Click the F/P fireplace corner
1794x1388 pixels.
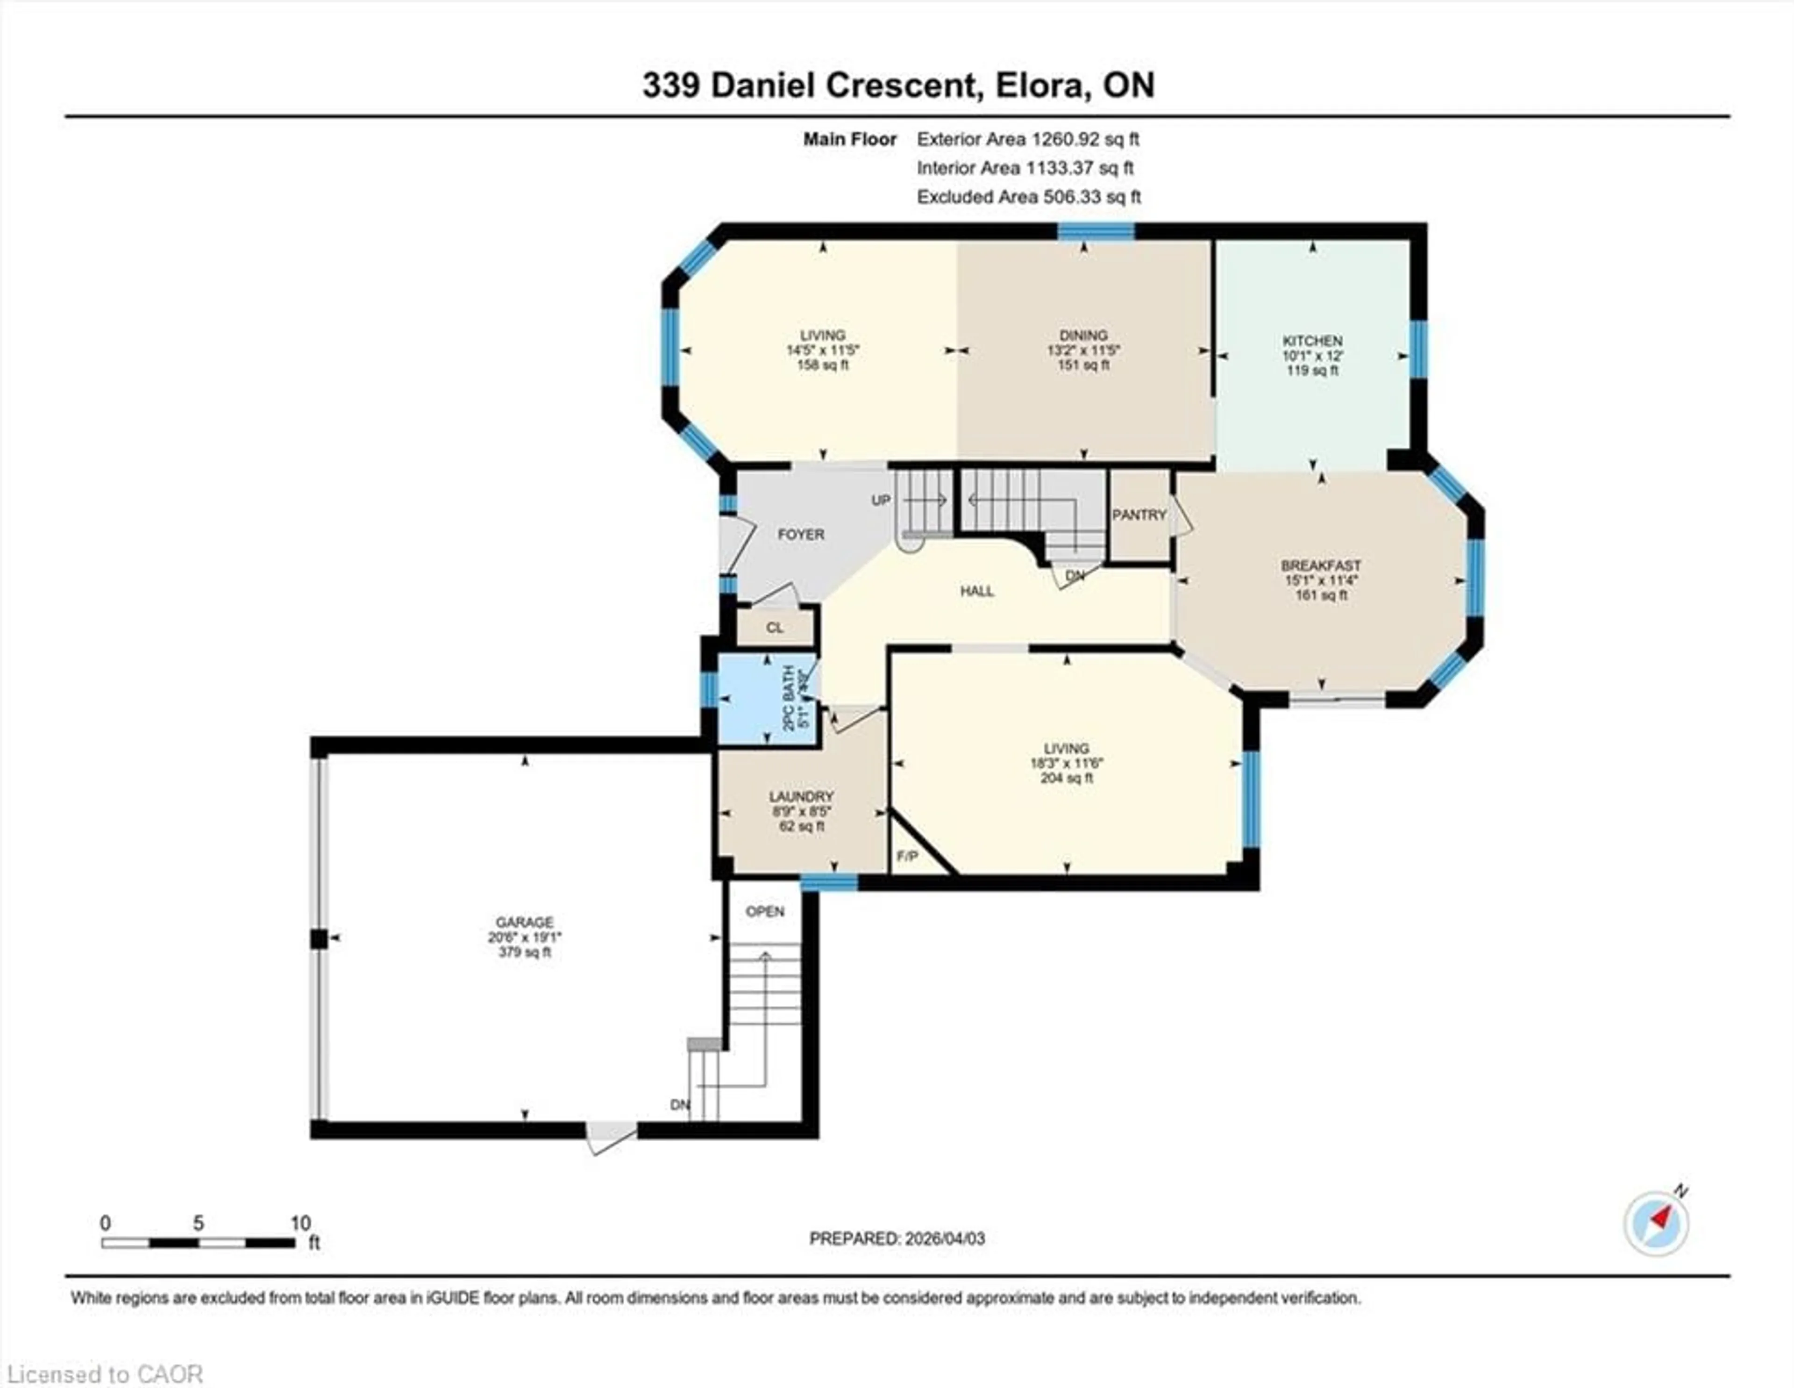click(x=908, y=856)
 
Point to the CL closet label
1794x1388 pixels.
click(x=775, y=628)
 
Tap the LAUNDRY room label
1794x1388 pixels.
click(x=801, y=796)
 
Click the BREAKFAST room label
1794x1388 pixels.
click(x=1321, y=565)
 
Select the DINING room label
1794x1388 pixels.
click(x=1083, y=335)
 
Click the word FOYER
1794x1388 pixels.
click(x=801, y=534)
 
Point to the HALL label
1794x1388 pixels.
click(x=977, y=591)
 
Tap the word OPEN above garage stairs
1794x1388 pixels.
click(x=765, y=911)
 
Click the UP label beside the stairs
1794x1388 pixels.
click(x=881, y=500)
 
